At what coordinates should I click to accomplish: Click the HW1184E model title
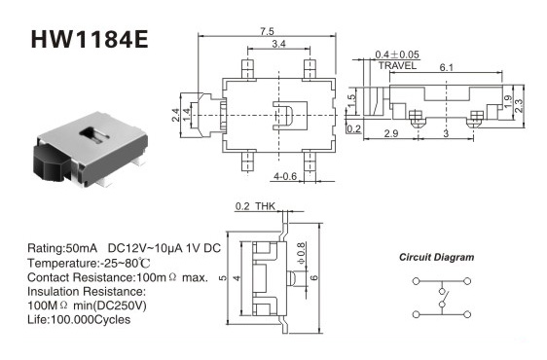tap(90, 39)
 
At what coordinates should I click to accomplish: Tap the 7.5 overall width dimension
tap(267, 31)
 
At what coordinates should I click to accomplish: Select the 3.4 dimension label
tap(278, 44)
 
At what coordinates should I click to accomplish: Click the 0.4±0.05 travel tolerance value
tap(397, 54)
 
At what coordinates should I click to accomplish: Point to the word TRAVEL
tap(397, 65)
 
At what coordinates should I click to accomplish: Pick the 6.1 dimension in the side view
tap(446, 67)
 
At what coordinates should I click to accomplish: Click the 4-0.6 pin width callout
tap(285, 176)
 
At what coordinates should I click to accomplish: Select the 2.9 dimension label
tap(391, 133)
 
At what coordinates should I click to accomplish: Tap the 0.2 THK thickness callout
tap(255, 206)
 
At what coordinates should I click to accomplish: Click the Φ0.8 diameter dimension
tap(302, 253)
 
